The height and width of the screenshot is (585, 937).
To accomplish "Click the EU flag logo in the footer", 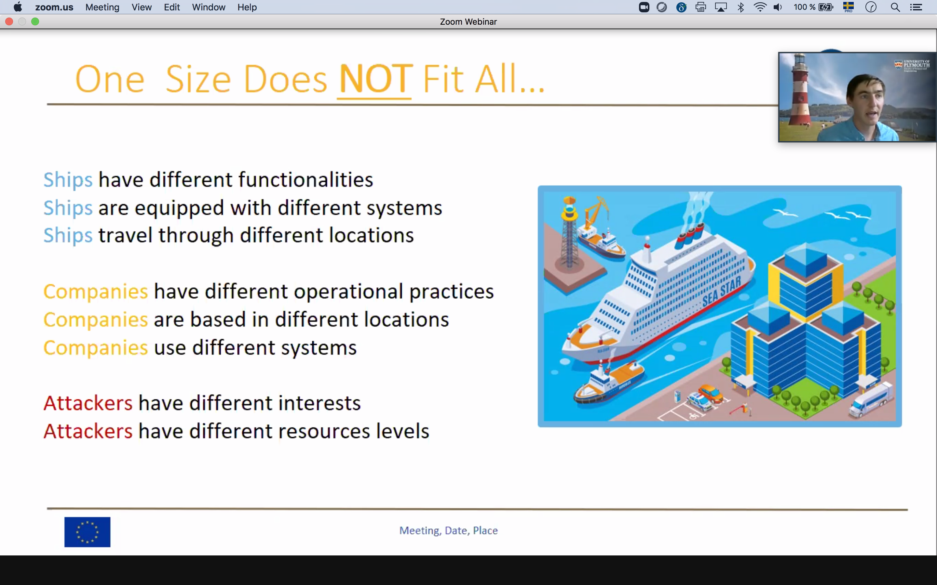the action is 87,532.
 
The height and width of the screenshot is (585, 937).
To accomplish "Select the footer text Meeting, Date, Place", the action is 448,530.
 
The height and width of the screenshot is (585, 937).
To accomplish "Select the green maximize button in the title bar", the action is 35,22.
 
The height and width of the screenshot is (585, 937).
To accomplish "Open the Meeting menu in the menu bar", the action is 102,7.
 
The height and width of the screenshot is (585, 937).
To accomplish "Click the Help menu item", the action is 247,7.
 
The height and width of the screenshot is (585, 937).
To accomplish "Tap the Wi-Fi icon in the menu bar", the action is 760,7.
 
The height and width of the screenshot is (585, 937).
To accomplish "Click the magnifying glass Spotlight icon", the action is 895,7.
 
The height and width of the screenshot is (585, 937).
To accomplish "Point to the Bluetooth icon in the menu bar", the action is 741,7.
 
